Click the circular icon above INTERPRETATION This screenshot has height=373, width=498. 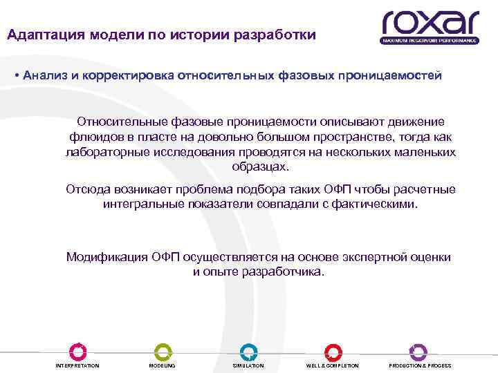point(77,351)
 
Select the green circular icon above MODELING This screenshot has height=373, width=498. point(162,351)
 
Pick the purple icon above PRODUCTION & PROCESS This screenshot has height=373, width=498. point(418,351)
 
